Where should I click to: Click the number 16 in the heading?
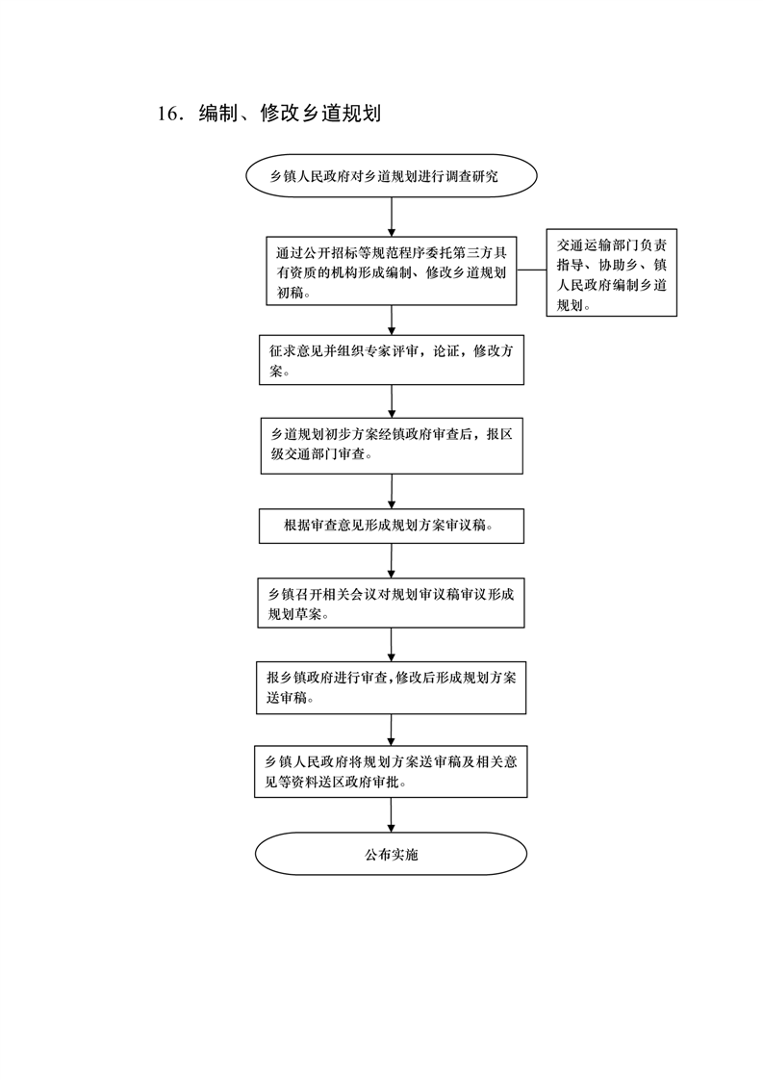[167, 113]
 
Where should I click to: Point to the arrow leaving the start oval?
[392, 218]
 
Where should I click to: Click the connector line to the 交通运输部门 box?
[532, 270]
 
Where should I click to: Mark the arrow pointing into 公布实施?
[392, 815]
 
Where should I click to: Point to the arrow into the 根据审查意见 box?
[392, 491]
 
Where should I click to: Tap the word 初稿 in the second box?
[290, 293]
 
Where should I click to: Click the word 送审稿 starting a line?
[287, 698]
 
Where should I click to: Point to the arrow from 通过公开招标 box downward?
[392, 321]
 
